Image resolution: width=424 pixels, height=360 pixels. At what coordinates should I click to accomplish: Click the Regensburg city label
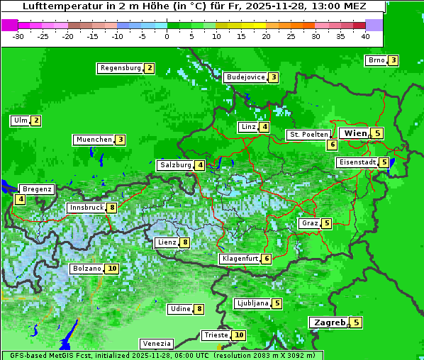pos(120,68)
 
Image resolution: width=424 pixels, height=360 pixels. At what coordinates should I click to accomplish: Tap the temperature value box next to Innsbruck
pos(112,208)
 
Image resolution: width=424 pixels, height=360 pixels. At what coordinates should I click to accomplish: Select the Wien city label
pos(355,133)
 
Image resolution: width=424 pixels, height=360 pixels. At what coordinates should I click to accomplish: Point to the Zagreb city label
pos(330,322)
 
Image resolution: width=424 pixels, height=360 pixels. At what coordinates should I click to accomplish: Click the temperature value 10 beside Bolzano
pos(112,269)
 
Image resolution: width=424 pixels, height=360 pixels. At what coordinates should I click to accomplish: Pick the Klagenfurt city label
pos(240,259)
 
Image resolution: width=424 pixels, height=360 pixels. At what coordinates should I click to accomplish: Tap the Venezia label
pos(156,343)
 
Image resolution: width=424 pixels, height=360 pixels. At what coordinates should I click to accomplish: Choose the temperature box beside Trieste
pos(239,335)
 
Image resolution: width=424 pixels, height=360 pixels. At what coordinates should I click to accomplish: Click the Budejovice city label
pos(245,77)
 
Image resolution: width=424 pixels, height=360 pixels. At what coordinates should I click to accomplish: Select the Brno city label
pos(376,60)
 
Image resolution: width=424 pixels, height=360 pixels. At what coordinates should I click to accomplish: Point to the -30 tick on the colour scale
pos(18,36)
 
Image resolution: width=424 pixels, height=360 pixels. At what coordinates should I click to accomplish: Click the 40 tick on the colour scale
pos(365,36)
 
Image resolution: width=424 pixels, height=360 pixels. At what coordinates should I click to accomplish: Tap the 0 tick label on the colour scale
pos(167,36)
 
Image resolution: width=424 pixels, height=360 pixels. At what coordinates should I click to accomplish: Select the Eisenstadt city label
pos(357,162)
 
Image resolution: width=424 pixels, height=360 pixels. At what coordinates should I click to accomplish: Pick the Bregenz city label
pos(37,189)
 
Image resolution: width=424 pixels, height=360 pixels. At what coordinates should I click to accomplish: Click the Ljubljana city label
pos(252,303)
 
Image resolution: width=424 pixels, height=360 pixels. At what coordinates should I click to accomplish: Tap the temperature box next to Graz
pos(326,223)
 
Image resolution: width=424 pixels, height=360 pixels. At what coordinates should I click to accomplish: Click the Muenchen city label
pos(94,140)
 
